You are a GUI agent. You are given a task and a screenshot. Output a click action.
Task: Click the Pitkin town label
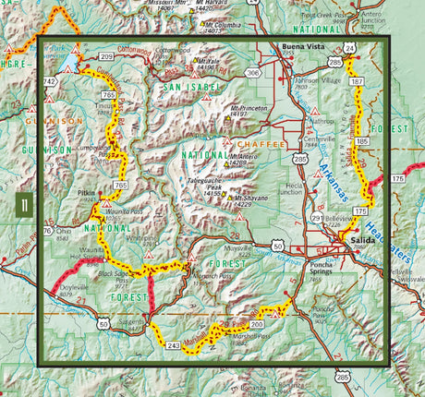click(89, 195)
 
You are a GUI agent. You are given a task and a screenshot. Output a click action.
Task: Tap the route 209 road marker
click(107, 57)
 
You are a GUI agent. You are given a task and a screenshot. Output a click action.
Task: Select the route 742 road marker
click(50, 83)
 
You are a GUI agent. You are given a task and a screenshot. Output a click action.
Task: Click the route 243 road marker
click(173, 344)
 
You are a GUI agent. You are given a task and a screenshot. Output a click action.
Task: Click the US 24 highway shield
click(349, 46)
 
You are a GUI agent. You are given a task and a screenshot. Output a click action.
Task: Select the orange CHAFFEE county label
click(256, 144)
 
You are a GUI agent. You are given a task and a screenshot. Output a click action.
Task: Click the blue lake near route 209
click(70, 65)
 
